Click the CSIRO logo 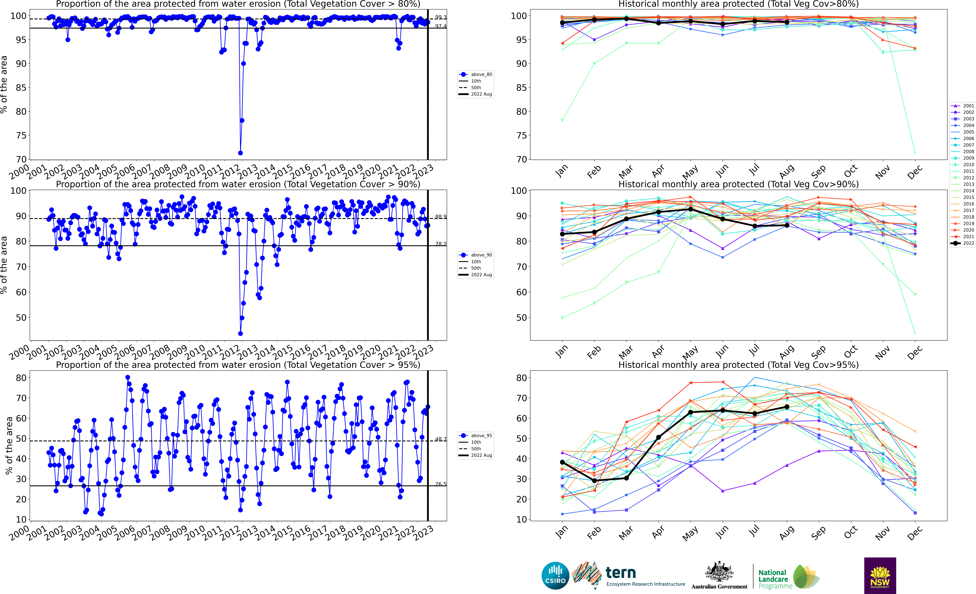click(555, 575)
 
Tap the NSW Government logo click(880, 575)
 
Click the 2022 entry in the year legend click(963, 243)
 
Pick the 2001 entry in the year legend click(963, 106)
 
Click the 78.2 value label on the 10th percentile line click(440, 244)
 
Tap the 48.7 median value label click(440, 439)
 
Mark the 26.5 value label click(440, 484)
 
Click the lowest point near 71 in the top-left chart click(240, 153)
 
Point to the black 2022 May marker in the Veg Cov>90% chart click(690, 209)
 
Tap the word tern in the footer click(621, 573)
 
